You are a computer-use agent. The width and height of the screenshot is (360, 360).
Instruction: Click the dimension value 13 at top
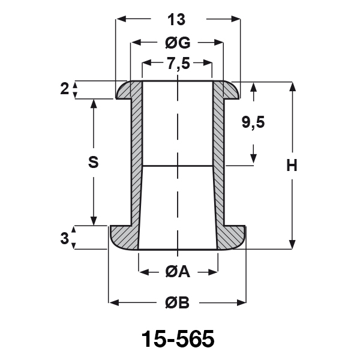tap(176, 20)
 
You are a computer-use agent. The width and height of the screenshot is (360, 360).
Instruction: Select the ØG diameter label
tap(178, 43)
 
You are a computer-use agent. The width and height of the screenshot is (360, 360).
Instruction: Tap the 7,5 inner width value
tap(178, 64)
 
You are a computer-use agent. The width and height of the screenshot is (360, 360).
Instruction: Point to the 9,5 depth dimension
tap(253, 122)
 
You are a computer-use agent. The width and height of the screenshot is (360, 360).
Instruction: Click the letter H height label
tap(292, 166)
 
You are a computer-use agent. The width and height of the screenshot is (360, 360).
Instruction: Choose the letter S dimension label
tap(93, 162)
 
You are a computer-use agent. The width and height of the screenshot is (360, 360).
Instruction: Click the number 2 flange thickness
tap(65, 89)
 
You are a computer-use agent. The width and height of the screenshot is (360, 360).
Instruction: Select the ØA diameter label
tap(178, 272)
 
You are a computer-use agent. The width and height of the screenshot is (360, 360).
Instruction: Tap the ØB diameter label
tap(177, 302)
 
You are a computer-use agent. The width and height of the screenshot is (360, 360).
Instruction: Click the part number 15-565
tap(178, 339)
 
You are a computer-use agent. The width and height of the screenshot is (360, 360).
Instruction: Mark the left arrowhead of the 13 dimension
tap(121, 19)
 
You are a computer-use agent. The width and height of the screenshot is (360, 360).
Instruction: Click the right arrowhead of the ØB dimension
tap(241, 302)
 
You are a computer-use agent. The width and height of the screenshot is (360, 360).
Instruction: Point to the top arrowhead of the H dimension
tap(292, 87)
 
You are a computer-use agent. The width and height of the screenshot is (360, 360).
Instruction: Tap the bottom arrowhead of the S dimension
tap(94, 220)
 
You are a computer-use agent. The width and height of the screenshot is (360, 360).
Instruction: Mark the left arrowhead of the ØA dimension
tap(144, 272)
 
